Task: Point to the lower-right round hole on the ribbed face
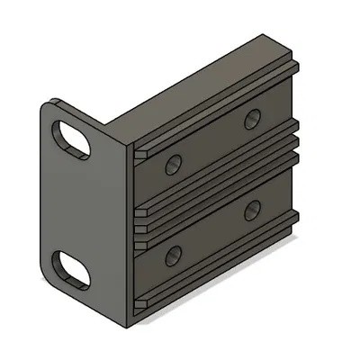tap(252, 210)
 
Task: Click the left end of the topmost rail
tap(141, 154)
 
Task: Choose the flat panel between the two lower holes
tap(212, 232)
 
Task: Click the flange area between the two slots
tap(76, 202)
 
